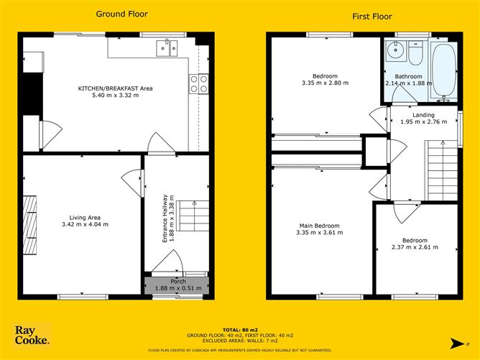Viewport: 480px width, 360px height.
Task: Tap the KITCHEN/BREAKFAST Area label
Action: pyautogui.click(x=116, y=88)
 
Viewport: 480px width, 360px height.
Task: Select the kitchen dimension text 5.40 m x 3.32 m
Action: pyautogui.click(x=116, y=97)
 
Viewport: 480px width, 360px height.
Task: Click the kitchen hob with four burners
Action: pyautogui.click(x=199, y=84)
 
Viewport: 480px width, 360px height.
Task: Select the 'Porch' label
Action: pyautogui.click(x=177, y=281)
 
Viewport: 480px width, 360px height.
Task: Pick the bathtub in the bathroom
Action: pyautogui.click(x=444, y=71)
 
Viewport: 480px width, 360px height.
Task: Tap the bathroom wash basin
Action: pyautogui.click(x=392, y=52)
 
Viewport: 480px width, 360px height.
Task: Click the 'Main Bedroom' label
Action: pyautogui.click(x=319, y=226)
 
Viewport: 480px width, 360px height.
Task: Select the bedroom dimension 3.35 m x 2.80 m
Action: pyautogui.click(x=326, y=83)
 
